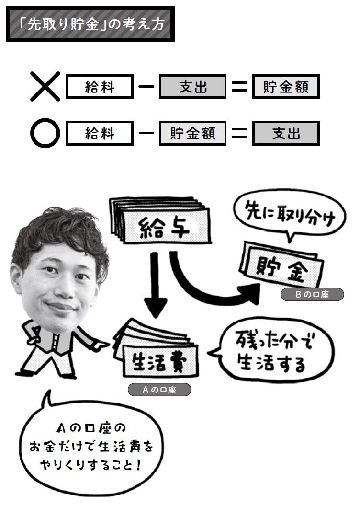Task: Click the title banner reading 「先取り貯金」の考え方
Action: (x=90, y=24)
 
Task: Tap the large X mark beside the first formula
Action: (x=45, y=87)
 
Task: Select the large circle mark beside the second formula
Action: (x=45, y=133)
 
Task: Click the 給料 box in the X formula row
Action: (x=100, y=87)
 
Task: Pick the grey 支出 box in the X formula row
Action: (x=192, y=87)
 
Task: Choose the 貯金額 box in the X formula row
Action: (x=286, y=87)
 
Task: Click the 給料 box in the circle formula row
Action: (x=100, y=133)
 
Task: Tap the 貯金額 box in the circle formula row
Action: (x=192, y=133)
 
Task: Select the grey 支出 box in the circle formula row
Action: (x=286, y=133)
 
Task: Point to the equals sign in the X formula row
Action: (x=239, y=87)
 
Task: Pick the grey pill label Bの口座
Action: (x=312, y=295)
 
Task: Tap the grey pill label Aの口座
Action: (x=159, y=390)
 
